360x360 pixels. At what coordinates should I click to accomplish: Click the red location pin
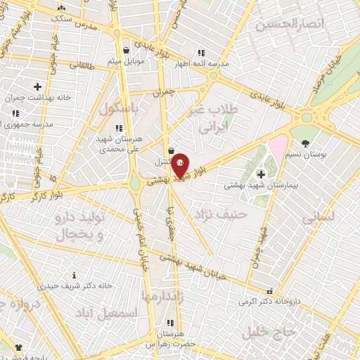tap(180, 165)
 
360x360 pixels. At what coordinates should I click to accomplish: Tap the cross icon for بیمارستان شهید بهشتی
tap(261, 174)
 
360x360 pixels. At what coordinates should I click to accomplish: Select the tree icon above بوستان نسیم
tap(304, 143)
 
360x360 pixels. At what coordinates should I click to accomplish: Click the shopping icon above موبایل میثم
tap(126, 51)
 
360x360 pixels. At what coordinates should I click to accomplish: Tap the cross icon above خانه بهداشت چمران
tap(37, 86)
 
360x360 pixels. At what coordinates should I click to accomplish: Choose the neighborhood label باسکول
tap(116, 109)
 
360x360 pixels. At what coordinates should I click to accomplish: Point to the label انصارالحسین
tap(290, 25)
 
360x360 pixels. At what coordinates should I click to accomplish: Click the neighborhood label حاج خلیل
tap(267, 331)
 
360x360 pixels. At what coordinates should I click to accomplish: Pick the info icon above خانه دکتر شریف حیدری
tap(75, 275)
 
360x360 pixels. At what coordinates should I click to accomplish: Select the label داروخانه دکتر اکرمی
tap(269, 301)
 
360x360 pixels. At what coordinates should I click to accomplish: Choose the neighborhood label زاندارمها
tap(162, 296)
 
